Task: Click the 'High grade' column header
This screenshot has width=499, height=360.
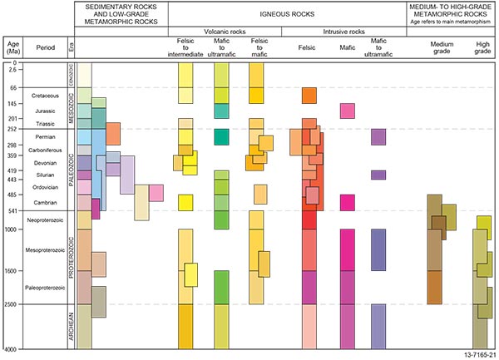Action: pyautogui.click(x=484, y=48)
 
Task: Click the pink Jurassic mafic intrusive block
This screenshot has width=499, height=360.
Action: pyautogui.click(x=348, y=111)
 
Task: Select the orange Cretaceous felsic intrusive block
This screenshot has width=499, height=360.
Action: pyautogui.click(x=309, y=96)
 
